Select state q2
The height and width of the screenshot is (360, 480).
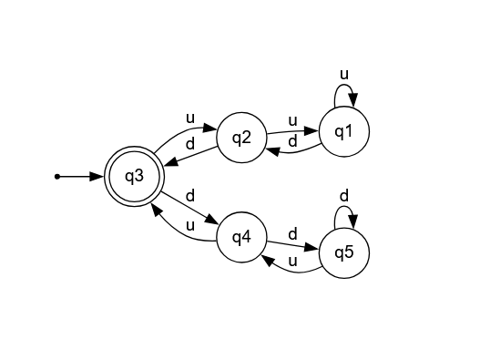click(x=241, y=139)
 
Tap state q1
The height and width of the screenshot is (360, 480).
click(x=344, y=131)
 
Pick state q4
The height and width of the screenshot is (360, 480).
click(x=241, y=238)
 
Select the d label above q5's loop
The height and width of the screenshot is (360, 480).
click(x=343, y=195)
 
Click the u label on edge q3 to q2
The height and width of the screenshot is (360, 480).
click(x=189, y=118)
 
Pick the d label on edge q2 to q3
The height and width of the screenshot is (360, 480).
click(x=189, y=144)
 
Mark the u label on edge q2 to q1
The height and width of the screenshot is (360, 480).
click(x=292, y=120)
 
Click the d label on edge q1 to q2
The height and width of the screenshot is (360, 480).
click(x=292, y=141)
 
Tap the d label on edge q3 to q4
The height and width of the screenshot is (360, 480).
click(x=189, y=195)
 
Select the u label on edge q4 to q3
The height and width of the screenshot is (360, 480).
click(x=189, y=224)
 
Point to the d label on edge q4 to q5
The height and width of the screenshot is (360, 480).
click(x=292, y=233)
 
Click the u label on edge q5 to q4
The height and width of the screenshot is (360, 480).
click(x=292, y=262)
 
